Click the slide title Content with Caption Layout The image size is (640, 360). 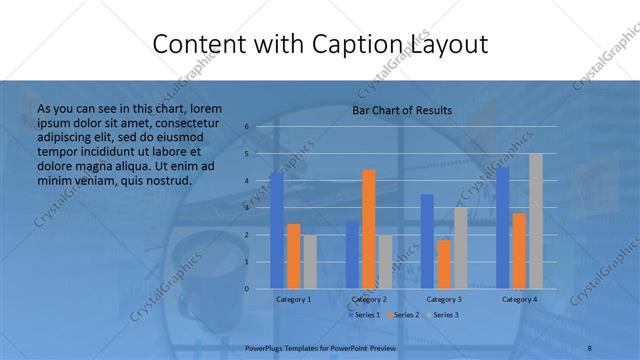[x=320, y=44]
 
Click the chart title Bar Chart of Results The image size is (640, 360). [x=402, y=110]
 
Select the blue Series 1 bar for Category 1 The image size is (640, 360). [x=277, y=230]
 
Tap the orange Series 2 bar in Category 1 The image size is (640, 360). [x=293, y=256]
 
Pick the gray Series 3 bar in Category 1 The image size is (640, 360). [x=309, y=262]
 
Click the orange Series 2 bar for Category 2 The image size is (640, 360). [x=369, y=229]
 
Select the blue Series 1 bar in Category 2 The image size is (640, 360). [x=353, y=255]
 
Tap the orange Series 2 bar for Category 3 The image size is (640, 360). [x=444, y=264]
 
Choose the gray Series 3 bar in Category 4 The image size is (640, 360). [x=536, y=221]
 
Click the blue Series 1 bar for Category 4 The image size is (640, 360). [x=503, y=228]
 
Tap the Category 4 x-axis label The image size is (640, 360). [x=519, y=299]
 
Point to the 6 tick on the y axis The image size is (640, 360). [x=246, y=127]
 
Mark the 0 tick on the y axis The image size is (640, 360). [x=246, y=289]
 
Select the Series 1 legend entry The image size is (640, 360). [x=364, y=315]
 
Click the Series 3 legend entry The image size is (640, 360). [x=442, y=315]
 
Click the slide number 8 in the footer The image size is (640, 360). [x=590, y=346]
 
